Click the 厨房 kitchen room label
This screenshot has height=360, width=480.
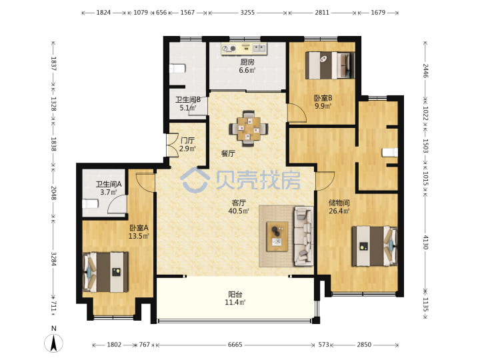click(x=247, y=62)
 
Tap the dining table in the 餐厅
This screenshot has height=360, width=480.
click(x=249, y=129)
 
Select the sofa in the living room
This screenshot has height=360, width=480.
click(x=304, y=236)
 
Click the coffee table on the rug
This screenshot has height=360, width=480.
click(x=277, y=237)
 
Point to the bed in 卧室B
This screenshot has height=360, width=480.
click(x=330, y=65)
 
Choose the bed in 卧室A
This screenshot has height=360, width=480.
click(x=105, y=272)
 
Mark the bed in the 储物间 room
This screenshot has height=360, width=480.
click(x=375, y=246)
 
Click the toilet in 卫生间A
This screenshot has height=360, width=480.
click(x=90, y=203)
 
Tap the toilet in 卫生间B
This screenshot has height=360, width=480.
click(x=177, y=69)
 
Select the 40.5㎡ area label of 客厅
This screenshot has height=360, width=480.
click(x=239, y=211)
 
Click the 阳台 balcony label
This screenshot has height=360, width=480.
click(x=235, y=295)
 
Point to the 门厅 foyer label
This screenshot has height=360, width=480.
click(x=187, y=141)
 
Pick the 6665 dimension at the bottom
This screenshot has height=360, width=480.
click(x=235, y=345)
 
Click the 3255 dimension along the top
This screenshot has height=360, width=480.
click(x=247, y=13)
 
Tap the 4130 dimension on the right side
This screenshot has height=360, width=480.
click(x=425, y=243)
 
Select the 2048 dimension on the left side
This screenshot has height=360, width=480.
click(x=53, y=193)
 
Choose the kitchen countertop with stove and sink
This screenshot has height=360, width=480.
click(x=244, y=49)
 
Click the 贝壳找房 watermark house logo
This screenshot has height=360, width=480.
click(x=195, y=180)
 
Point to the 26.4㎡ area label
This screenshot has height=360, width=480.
click(x=339, y=211)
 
